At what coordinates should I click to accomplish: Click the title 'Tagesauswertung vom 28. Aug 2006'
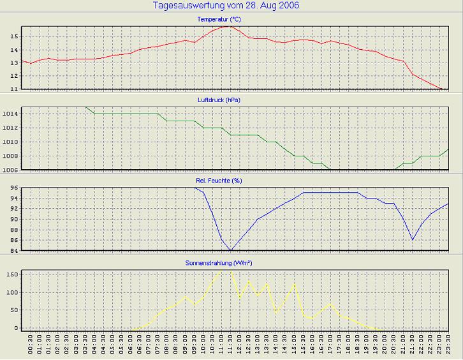point(226,6)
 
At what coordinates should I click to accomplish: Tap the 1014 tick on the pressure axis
point(11,114)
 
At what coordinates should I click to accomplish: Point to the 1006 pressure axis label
point(11,170)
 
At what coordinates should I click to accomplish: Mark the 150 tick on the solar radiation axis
point(12,274)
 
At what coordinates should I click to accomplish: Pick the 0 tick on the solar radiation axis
point(17,328)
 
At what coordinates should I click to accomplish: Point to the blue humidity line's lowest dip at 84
point(231,250)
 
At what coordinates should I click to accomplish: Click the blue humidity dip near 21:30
point(413,240)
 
